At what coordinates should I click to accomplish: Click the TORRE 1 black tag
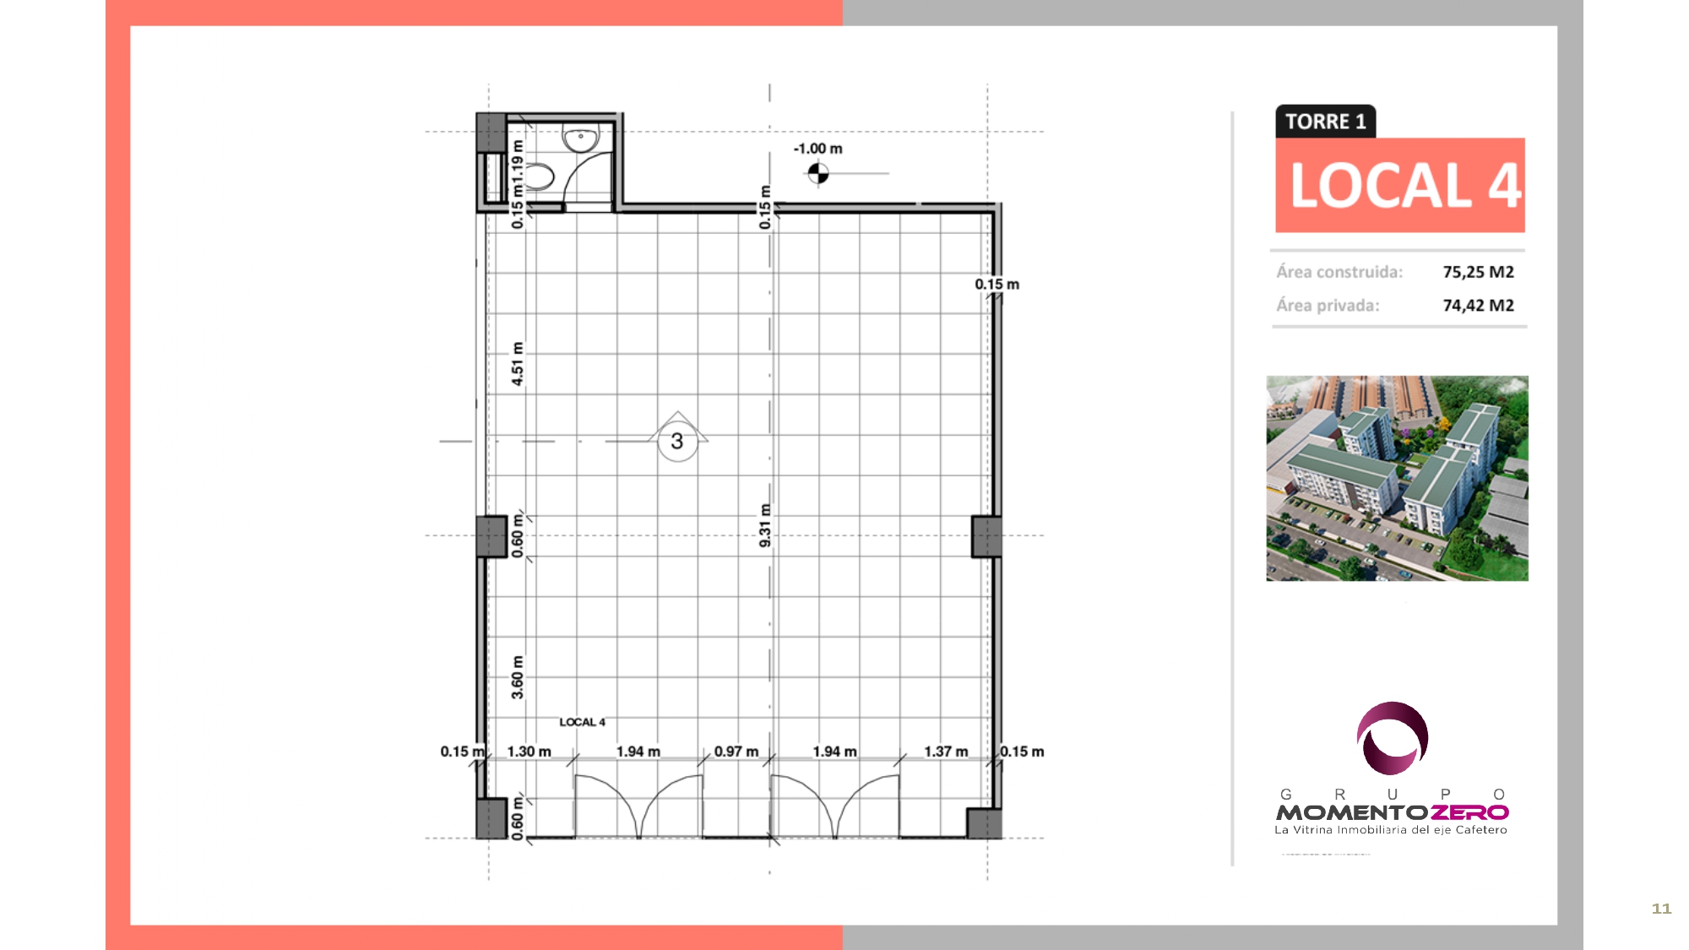[x=1325, y=122]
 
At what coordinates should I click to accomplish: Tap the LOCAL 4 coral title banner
[x=1400, y=185]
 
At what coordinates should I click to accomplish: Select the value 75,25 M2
[x=1478, y=272]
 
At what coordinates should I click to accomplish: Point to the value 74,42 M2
[x=1478, y=306]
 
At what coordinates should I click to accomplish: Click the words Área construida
[x=1339, y=272]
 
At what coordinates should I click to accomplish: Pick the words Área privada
[x=1328, y=306]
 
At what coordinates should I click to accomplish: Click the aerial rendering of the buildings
[x=1397, y=478]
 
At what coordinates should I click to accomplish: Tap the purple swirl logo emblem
[x=1393, y=738]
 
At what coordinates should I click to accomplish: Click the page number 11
[x=1661, y=909]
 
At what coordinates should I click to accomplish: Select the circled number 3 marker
[x=677, y=441]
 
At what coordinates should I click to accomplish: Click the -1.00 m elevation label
[x=817, y=149]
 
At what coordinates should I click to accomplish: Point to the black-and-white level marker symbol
[x=817, y=174]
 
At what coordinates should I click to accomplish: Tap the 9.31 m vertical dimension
[x=765, y=525]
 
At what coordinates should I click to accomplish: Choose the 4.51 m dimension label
[x=518, y=364]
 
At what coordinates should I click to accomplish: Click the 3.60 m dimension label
[x=518, y=677]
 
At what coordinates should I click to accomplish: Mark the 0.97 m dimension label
[x=736, y=752]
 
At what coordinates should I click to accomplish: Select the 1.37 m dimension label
[x=946, y=752]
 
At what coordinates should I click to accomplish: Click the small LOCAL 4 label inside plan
[x=582, y=722]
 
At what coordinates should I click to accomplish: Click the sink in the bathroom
[x=581, y=138]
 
